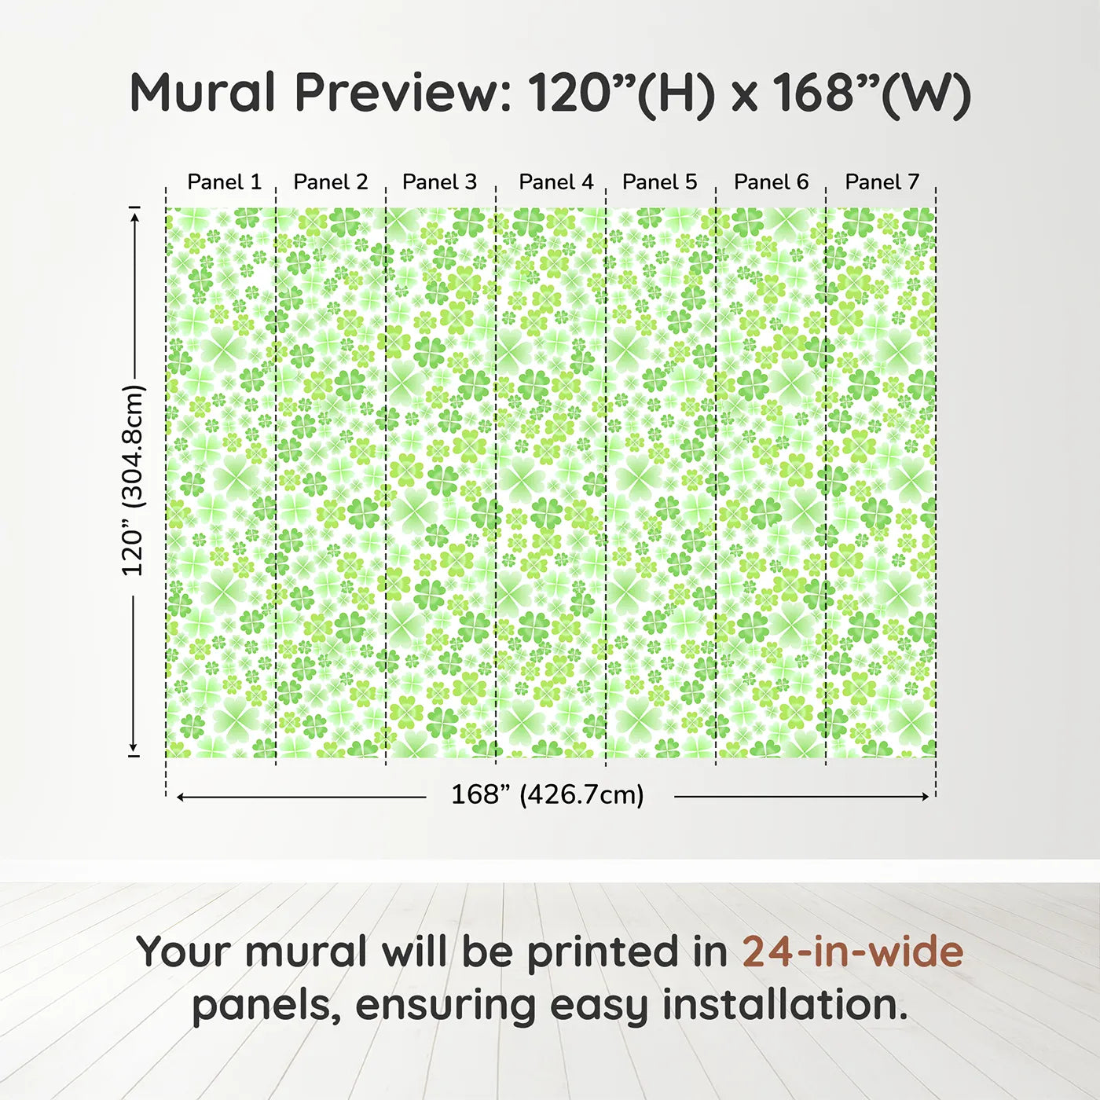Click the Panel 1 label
tap(224, 182)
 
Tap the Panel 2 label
tap(330, 182)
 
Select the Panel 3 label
tap(439, 182)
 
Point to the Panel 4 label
tap(555, 182)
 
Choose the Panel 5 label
tap(659, 182)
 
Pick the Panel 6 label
tap(771, 182)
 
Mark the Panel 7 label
tap(882, 182)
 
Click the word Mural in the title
tap(203, 93)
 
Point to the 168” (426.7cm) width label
tap(547, 795)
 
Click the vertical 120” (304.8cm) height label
tap(133, 480)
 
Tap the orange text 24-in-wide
tap(852, 952)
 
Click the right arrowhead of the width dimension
tap(925, 797)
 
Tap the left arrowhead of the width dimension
tap(181, 797)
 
